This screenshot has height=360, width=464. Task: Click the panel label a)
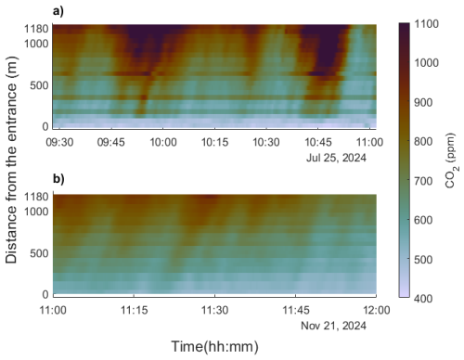(x=58, y=12)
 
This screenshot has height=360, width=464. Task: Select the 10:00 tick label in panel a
(x=164, y=143)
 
